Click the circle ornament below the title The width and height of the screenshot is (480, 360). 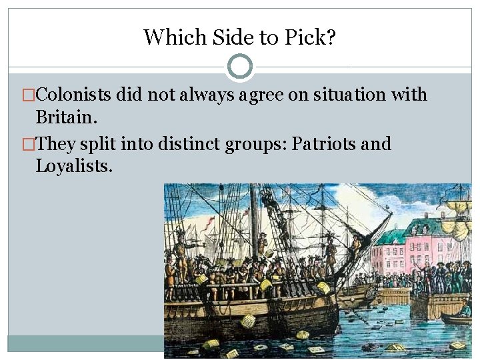click(240, 67)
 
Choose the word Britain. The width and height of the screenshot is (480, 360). click(66, 117)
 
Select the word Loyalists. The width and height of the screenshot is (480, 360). click(74, 165)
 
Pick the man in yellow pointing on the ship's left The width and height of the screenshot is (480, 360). click(179, 251)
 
